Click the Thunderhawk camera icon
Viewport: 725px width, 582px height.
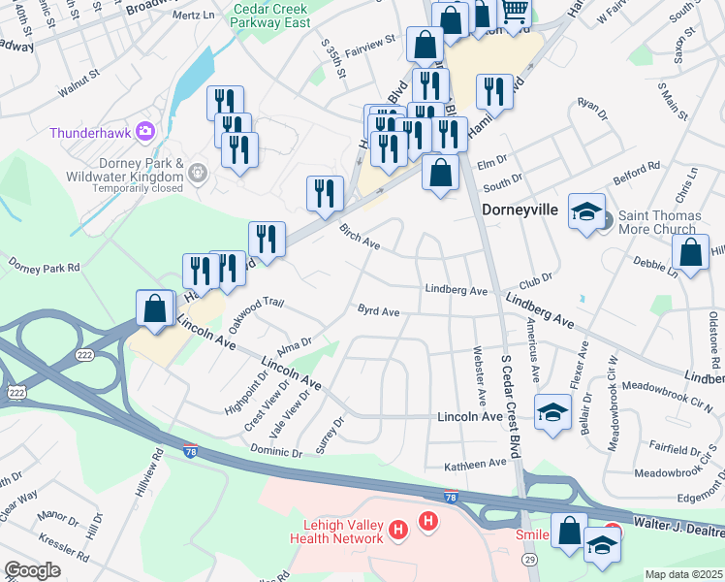click(145, 130)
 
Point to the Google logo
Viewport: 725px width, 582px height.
click(32, 570)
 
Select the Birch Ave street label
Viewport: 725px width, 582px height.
click(360, 238)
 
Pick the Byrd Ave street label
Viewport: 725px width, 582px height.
click(378, 311)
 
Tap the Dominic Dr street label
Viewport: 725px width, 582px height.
click(276, 451)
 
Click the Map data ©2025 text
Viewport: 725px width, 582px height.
click(684, 574)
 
